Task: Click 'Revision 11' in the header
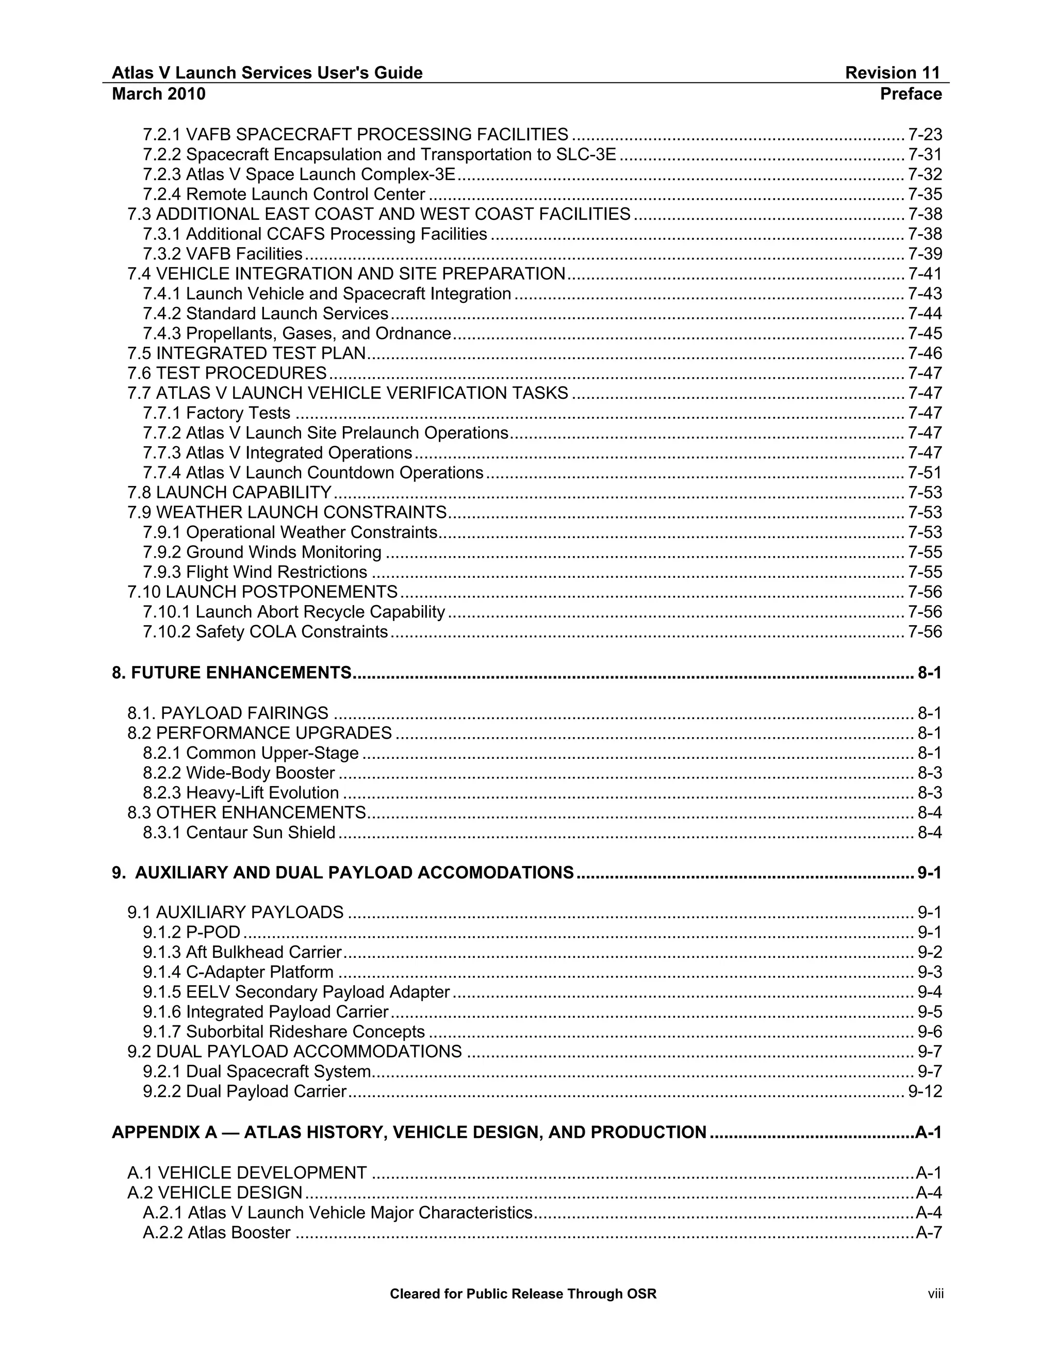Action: pos(892,73)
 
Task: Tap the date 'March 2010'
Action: pos(158,94)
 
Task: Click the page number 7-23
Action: pos(925,135)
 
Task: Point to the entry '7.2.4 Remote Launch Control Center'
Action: pos(284,194)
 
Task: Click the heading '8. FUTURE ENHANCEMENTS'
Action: pos(232,673)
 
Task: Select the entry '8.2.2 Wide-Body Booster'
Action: pos(238,773)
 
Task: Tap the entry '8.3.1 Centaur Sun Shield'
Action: pos(239,833)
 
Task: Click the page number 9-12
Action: pos(925,1092)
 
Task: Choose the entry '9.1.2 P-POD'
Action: pos(191,933)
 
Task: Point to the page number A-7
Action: pos(928,1232)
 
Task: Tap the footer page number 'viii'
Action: pos(935,1294)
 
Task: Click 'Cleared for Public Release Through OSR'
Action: pos(523,1294)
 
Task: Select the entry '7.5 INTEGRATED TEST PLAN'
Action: pos(246,354)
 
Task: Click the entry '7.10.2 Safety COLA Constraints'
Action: pos(265,632)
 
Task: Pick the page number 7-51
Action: pos(925,473)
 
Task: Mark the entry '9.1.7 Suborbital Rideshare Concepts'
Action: pos(284,1032)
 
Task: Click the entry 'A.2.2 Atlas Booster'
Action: pos(217,1232)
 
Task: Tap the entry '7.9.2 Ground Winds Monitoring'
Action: pos(261,552)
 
